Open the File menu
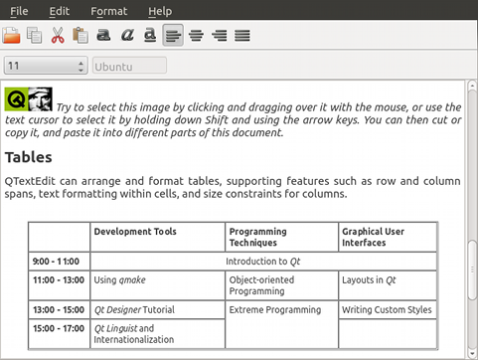coord(19,11)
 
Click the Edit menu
coord(60,11)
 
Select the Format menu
coord(108,11)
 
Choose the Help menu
coord(160,11)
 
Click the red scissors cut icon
coord(58,35)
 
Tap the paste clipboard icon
coord(80,35)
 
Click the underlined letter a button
coord(150,35)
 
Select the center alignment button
coord(196,35)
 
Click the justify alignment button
coord(242,35)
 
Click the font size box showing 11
coord(46,66)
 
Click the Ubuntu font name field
coord(129,66)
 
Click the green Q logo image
coord(16,98)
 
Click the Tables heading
coord(29,157)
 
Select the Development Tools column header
coord(135,232)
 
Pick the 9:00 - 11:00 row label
coord(56,262)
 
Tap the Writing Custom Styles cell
coord(387,309)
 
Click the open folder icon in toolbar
coord(11,35)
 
